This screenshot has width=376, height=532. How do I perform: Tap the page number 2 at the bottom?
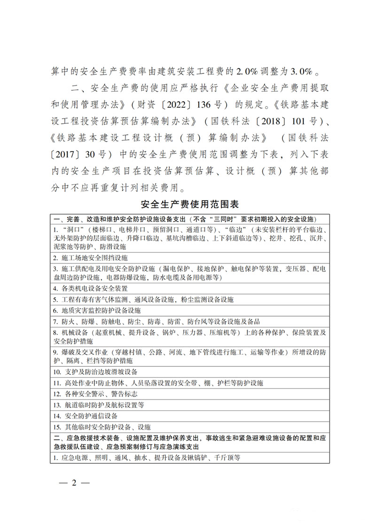pyautogui.click(x=73, y=483)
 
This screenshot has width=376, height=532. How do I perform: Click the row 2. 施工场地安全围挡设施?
pyautogui.click(x=90, y=258)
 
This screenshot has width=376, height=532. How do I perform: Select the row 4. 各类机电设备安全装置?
pyautogui.click(x=90, y=288)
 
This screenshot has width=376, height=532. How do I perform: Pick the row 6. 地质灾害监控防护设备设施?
pyautogui.click(x=97, y=310)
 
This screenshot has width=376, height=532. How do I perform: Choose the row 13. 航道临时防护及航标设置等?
pyautogui.click(x=99, y=405)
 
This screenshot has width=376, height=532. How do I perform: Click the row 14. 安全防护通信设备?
pyautogui.click(x=86, y=416)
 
